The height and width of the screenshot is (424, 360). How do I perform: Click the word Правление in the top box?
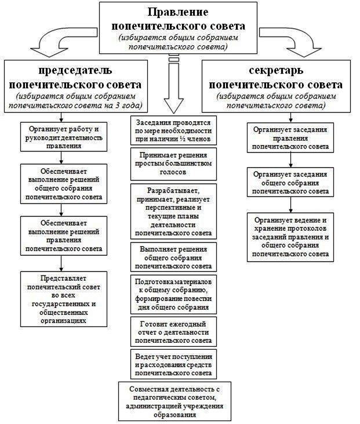178,12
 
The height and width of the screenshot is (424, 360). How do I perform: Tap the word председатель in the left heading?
75,71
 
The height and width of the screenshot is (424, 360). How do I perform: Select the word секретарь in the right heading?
276,71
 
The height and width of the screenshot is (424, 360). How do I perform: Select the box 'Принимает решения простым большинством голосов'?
173,164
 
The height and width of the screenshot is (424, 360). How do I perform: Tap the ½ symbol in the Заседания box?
181,139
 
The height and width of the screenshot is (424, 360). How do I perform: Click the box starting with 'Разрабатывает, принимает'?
173,212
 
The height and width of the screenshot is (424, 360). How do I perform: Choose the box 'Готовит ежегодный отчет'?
173,332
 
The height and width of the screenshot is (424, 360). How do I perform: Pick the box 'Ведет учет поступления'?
173,364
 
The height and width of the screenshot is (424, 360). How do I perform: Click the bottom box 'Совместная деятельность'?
175,401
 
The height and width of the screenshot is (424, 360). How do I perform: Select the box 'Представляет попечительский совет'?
64,299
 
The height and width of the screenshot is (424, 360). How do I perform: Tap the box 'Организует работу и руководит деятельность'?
64,136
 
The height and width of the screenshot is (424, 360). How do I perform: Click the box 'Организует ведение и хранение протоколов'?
290,237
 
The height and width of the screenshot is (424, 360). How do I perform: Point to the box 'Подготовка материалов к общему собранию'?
173,295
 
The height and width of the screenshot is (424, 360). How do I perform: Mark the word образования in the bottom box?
175,415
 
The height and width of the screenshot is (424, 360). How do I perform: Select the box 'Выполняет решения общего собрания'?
173,257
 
